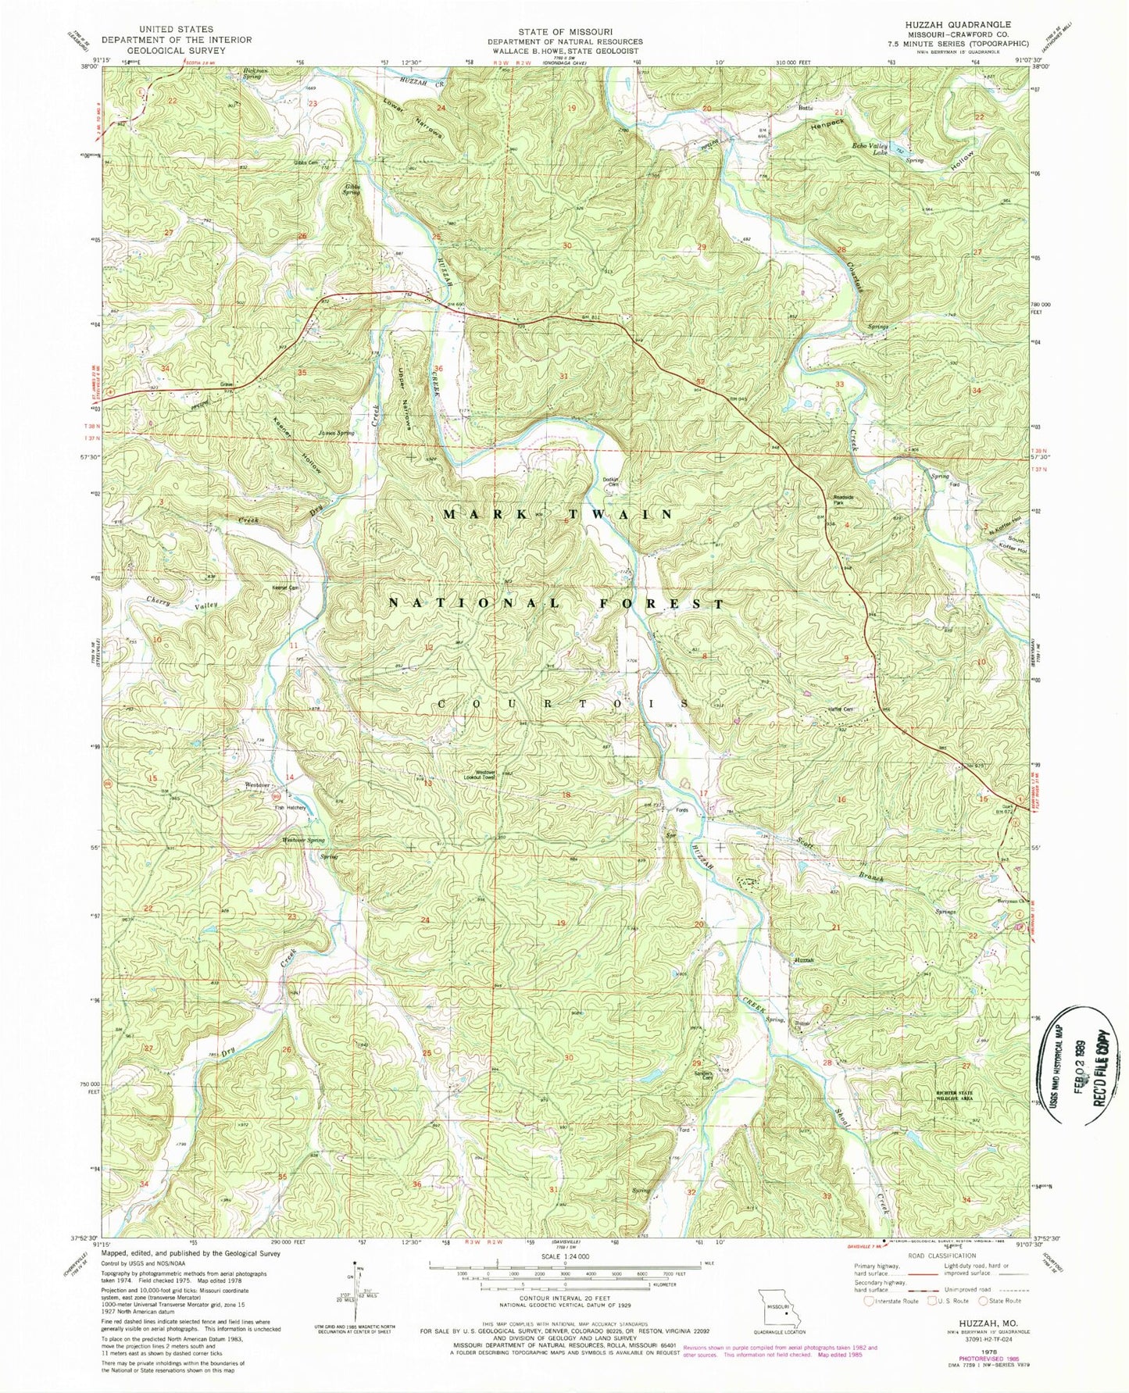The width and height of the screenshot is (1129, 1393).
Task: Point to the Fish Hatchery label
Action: click(x=289, y=808)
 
